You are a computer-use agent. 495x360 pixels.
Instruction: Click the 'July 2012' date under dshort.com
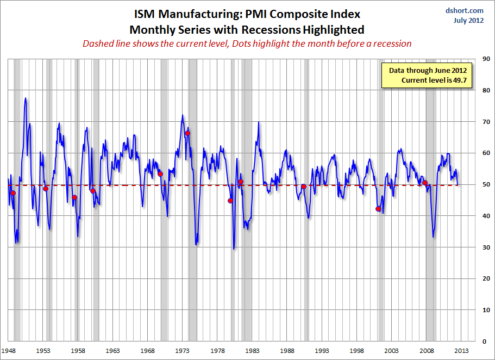pyautogui.click(x=468, y=21)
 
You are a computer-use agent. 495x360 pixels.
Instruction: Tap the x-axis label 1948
pyautogui.click(x=8, y=351)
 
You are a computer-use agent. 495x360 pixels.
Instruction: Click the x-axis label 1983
pyautogui.click(x=253, y=351)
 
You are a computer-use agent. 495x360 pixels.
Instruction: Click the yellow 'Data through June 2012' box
pyautogui.click(x=428, y=75)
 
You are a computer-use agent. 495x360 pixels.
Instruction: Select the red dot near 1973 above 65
pyautogui.click(x=187, y=133)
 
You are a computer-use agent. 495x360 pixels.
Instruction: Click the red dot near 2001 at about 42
pyautogui.click(x=378, y=209)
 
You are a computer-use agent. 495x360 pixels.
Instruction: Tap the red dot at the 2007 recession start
pyautogui.click(x=425, y=183)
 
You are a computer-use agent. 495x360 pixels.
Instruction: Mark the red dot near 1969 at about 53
pyautogui.click(x=160, y=174)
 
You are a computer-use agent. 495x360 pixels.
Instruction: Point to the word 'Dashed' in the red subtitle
pyautogui.click(x=96, y=44)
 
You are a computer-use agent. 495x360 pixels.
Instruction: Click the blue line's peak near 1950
pyautogui.click(x=25, y=98)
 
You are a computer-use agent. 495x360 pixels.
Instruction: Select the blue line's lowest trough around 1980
pyautogui.click(x=234, y=249)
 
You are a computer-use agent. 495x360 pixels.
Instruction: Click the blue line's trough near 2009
pyautogui.click(x=433, y=237)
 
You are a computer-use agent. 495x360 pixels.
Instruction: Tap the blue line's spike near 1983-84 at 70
pyautogui.click(x=259, y=122)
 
